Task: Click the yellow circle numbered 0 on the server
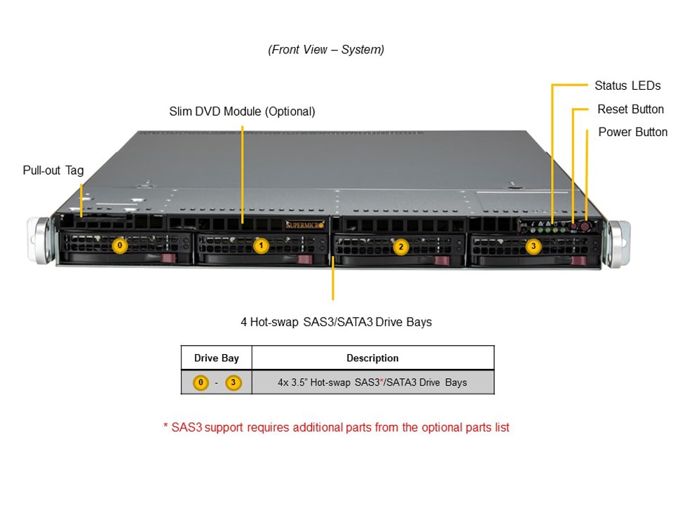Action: (x=120, y=245)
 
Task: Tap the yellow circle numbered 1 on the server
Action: (x=261, y=245)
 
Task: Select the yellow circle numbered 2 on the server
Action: (x=401, y=246)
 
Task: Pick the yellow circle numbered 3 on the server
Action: (x=533, y=246)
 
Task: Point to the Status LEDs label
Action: (x=627, y=86)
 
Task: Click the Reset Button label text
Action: (x=630, y=109)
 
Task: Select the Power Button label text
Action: (x=632, y=132)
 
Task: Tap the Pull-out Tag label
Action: (x=53, y=170)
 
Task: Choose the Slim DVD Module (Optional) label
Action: (x=242, y=112)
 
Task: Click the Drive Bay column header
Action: (x=216, y=358)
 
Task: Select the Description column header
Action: (x=372, y=358)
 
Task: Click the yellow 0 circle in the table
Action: (x=201, y=383)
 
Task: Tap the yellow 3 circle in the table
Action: (x=233, y=383)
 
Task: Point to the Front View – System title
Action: (x=326, y=50)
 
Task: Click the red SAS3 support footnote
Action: (x=336, y=427)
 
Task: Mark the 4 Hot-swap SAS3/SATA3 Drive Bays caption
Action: (x=336, y=323)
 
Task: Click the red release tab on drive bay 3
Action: (x=578, y=261)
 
